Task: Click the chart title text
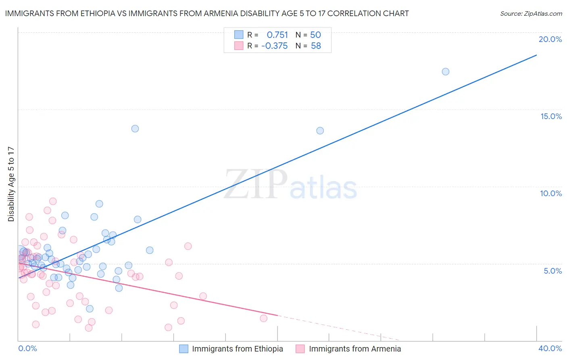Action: click(207, 14)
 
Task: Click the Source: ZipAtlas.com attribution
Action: click(531, 14)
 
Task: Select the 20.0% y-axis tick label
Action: click(550, 39)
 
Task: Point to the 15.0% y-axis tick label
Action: click(551, 116)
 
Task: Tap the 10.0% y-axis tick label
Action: click(551, 193)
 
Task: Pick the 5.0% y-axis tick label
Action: click(552, 271)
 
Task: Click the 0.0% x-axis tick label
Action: click(27, 348)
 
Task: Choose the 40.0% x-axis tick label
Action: click(550, 348)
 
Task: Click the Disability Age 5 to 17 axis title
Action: click(11, 184)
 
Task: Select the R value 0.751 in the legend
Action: click(277, 35)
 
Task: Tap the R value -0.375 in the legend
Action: click(275, 46)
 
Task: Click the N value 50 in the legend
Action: click(315, 35)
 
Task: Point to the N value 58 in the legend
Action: click(316, 46)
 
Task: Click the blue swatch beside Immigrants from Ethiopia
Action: click(184, 349)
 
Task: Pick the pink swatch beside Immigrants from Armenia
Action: click(300, 349)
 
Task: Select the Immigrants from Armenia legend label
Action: click(355, 349)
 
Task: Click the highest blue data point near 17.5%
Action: click(445, 71)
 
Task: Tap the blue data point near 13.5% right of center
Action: click(320, 130)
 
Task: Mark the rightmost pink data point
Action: click(263, 318)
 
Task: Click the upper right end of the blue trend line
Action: click(536, 55)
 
